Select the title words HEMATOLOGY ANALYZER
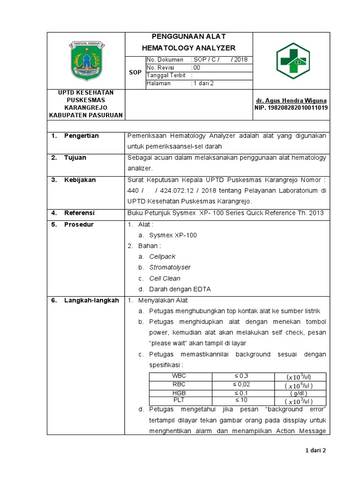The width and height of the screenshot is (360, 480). [188, 48]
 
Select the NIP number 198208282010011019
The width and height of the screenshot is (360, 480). [291, 107]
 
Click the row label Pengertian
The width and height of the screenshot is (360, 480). [81, 136]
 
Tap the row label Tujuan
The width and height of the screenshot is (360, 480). [75, 157]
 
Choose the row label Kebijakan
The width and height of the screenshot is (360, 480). [80, 180]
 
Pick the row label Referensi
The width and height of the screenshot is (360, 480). [79, 213]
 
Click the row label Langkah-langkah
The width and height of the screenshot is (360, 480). [91, 300]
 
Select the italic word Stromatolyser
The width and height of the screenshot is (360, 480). [170, 267]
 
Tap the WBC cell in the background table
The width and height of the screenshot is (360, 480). [180, 376]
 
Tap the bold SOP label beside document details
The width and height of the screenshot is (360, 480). [135, 72]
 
